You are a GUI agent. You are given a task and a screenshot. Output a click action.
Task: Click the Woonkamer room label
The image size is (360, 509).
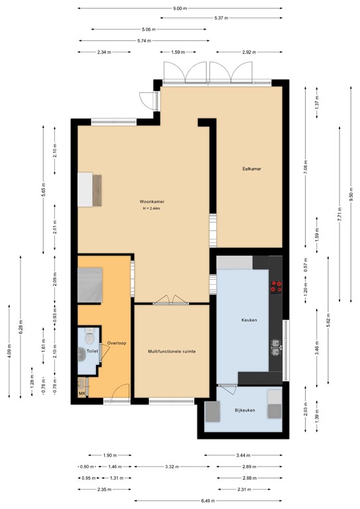(x=151, y=201)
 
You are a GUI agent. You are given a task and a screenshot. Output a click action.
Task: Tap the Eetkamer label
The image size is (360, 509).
(x=251, y=169)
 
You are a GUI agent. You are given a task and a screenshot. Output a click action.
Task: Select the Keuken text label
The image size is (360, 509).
(x=249, y=320)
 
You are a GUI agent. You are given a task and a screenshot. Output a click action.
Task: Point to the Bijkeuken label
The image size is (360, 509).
(x=245, y=410)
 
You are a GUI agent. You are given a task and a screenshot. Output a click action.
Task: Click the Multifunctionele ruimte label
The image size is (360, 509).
(x=171, y=352)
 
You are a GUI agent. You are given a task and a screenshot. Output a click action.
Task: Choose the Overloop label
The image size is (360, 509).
(x=117, y=343)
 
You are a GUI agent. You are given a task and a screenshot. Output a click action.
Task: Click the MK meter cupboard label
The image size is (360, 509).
(x=82, y=393)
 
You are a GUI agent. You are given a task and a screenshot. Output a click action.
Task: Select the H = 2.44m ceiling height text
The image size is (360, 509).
(x=152, y=209)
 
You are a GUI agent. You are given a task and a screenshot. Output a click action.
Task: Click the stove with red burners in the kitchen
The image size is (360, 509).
(x=275, y=287)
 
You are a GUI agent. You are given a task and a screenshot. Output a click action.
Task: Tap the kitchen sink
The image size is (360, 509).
(x=275, y=345)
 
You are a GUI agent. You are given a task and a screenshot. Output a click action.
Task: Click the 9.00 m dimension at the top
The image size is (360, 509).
(x=180, y=9)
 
